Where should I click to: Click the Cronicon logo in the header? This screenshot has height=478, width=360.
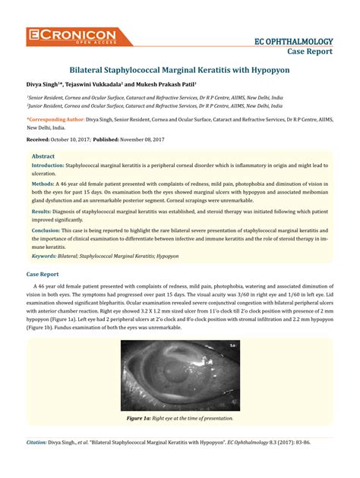(x=71, y=35)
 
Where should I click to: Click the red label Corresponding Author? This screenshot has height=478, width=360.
(x=55, y=119)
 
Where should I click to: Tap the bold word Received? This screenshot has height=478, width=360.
(x=38, y=140)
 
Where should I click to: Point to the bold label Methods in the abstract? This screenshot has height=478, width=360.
(x=43, y=183)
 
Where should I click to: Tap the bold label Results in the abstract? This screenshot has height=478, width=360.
(x=42, y=212)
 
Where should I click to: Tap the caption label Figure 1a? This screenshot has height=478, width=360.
(x=141, y=418)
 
